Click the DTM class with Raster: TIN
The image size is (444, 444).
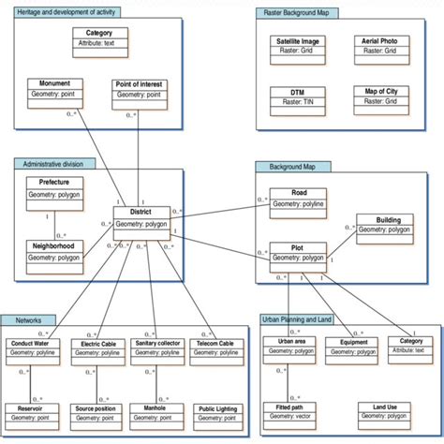297,96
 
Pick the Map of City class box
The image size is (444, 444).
381,96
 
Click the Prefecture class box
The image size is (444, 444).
54,188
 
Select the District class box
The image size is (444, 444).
142,218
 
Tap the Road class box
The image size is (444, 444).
298,202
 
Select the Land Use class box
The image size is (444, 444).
385,412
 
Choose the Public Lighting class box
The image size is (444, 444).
216,413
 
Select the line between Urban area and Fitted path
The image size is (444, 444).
287,379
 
